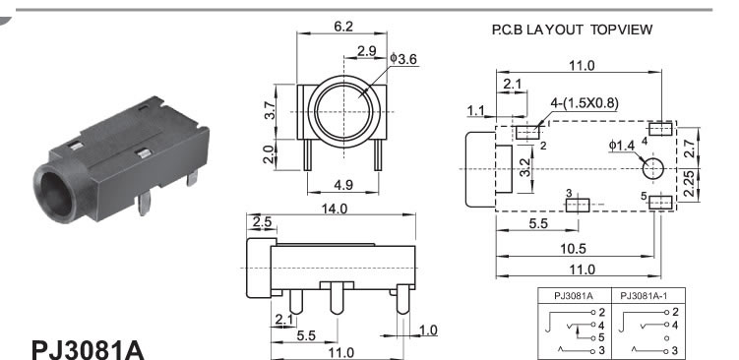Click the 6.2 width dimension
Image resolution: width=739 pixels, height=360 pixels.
pyautogui.click(x=343, y=27)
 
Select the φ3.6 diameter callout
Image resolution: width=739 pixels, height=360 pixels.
pyautogui.click(x=403, y=59)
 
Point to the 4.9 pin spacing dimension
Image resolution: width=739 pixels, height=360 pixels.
pyautogui.click(x=343, y=185)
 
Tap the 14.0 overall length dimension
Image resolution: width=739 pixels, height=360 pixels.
pyautogui.click(x=334, y=209)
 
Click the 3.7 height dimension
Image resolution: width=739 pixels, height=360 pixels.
pyautogui.click(x=269, y=111)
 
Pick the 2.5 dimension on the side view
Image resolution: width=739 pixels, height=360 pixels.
pyautogui.click(x=262, y=222)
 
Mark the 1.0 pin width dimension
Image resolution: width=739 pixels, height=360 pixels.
pyautogui.click(x=427, y=330)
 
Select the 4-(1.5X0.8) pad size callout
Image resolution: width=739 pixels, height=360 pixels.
pyautogui.click(x=585, y=103)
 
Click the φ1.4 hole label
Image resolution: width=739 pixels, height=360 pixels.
pyautogui.click(x=622, y=146)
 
